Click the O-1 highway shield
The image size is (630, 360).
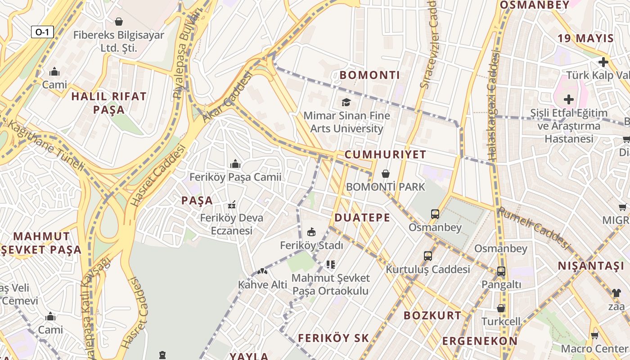(43, 32)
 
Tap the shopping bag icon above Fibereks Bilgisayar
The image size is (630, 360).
(119, 21)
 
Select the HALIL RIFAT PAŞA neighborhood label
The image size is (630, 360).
(109, 103)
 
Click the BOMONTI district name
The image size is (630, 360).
(370, 75)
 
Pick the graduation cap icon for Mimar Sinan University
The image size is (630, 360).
(346, 102)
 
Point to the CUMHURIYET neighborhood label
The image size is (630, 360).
(385, 155)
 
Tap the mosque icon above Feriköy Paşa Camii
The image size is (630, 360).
(235, 164)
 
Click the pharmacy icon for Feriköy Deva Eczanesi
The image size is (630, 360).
(232, 205)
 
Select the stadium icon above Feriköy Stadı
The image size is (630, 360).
(311, 232)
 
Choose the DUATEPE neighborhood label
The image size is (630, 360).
(362, 218)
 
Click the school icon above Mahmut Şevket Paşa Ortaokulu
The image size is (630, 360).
(331, 265)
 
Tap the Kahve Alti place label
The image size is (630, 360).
(263, 284)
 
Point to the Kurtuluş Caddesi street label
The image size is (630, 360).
(427, 270)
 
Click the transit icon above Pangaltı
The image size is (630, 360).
(501, 271)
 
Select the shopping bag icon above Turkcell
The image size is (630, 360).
(501, 308)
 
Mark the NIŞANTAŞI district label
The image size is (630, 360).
(591, 266)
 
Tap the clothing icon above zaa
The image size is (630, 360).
(616, 292)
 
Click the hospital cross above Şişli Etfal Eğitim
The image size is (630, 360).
(569, 99)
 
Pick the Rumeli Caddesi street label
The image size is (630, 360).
(533, 228)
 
